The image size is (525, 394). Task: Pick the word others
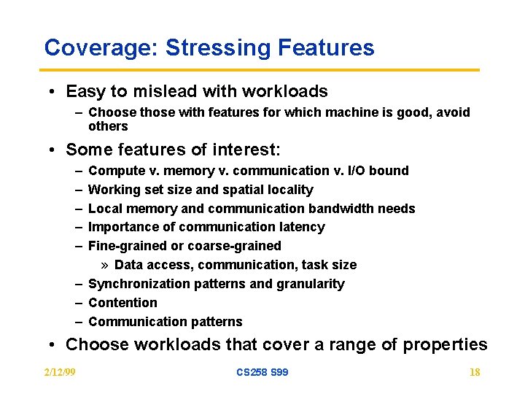pos(108,126)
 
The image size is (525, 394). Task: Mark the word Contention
pos(122,303)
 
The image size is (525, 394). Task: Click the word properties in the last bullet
pos(444,344)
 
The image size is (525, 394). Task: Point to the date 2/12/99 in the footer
pos(60,372)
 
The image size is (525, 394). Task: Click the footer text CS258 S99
pos(262,372)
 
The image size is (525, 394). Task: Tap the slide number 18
pos(475,372)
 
